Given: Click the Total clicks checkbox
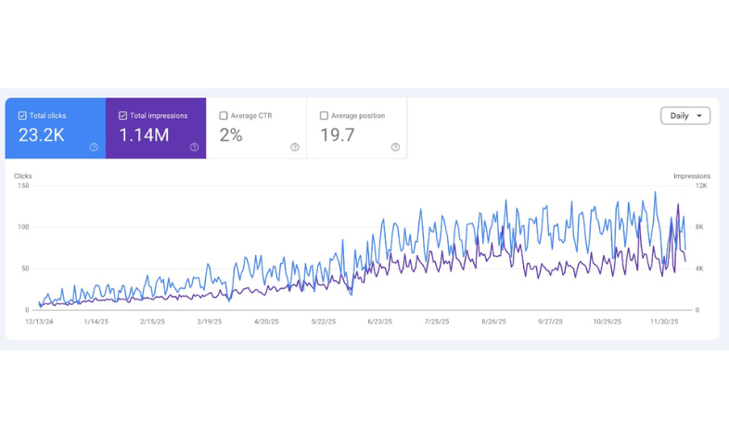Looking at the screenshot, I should [x=22, y=116].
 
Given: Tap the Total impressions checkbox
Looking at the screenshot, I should [x=122, y=116].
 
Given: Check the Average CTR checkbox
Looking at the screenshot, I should [x=224, y=116].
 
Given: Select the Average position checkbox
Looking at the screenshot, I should [x=324, y=116].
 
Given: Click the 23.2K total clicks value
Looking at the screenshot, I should [x=42, y=135].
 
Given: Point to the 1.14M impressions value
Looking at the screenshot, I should [x=144, y=135].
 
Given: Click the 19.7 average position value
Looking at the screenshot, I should [x=338, y=135].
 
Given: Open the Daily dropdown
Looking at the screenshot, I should [x=685, y=116].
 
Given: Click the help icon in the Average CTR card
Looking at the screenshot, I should [x=295, y=147].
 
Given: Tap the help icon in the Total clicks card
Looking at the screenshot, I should [x=94, y=147].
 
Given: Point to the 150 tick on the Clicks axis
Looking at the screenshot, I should [x=23, y=185].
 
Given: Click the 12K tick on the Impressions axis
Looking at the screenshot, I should [x=701, y=185].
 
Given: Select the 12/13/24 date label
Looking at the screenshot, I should [x=39, y=322].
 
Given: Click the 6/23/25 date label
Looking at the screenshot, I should [x=379, y=322].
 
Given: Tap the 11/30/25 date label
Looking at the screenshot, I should [x=664, y=322].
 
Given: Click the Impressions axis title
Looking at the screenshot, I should [x=692, y=176].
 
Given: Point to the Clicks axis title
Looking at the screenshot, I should [x=23, y=176].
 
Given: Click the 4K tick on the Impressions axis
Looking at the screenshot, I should [x=700, y=269].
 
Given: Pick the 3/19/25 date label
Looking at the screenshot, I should [x=210, y=322].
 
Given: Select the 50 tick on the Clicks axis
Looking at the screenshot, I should [x=24, y=269].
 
